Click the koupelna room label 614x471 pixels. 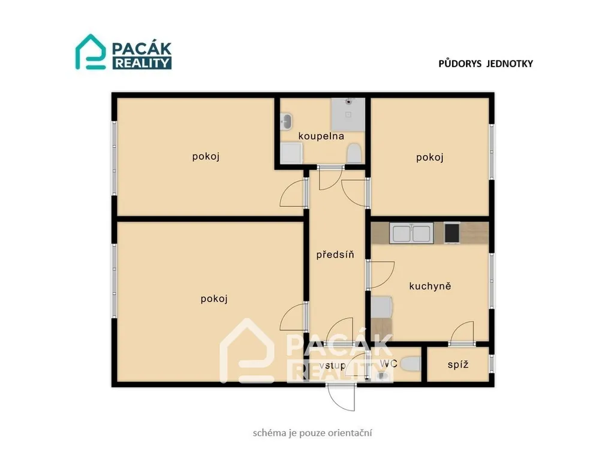[x=321, y=136]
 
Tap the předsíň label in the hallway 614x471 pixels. [x=335, y=255]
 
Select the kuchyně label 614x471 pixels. [x=430, y=286]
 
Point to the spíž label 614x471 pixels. [x=458, y=364]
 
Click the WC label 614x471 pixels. [x=389, y=364]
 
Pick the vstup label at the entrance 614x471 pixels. [x=332, y=366]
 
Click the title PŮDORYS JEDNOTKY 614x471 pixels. [x=486, y=64]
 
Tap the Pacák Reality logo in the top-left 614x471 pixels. [x=124, y=52]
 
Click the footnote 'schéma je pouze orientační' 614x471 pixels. [x=312, y=433]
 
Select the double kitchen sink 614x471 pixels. [x=411, y=233]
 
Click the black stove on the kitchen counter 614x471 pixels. [x=452, y=233]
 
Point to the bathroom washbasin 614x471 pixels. [x=286, y=122]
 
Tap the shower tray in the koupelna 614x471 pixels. [x=348, y=114]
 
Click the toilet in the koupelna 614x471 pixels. [x=354, y=153]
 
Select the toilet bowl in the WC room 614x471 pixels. [x=411, y=364]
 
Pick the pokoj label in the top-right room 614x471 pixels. [x=429, y=157]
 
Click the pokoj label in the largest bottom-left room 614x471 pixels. [x=214, y=299]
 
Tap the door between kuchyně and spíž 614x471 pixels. [x=462, y=333]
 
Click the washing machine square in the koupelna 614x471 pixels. [x=291, y=153]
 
